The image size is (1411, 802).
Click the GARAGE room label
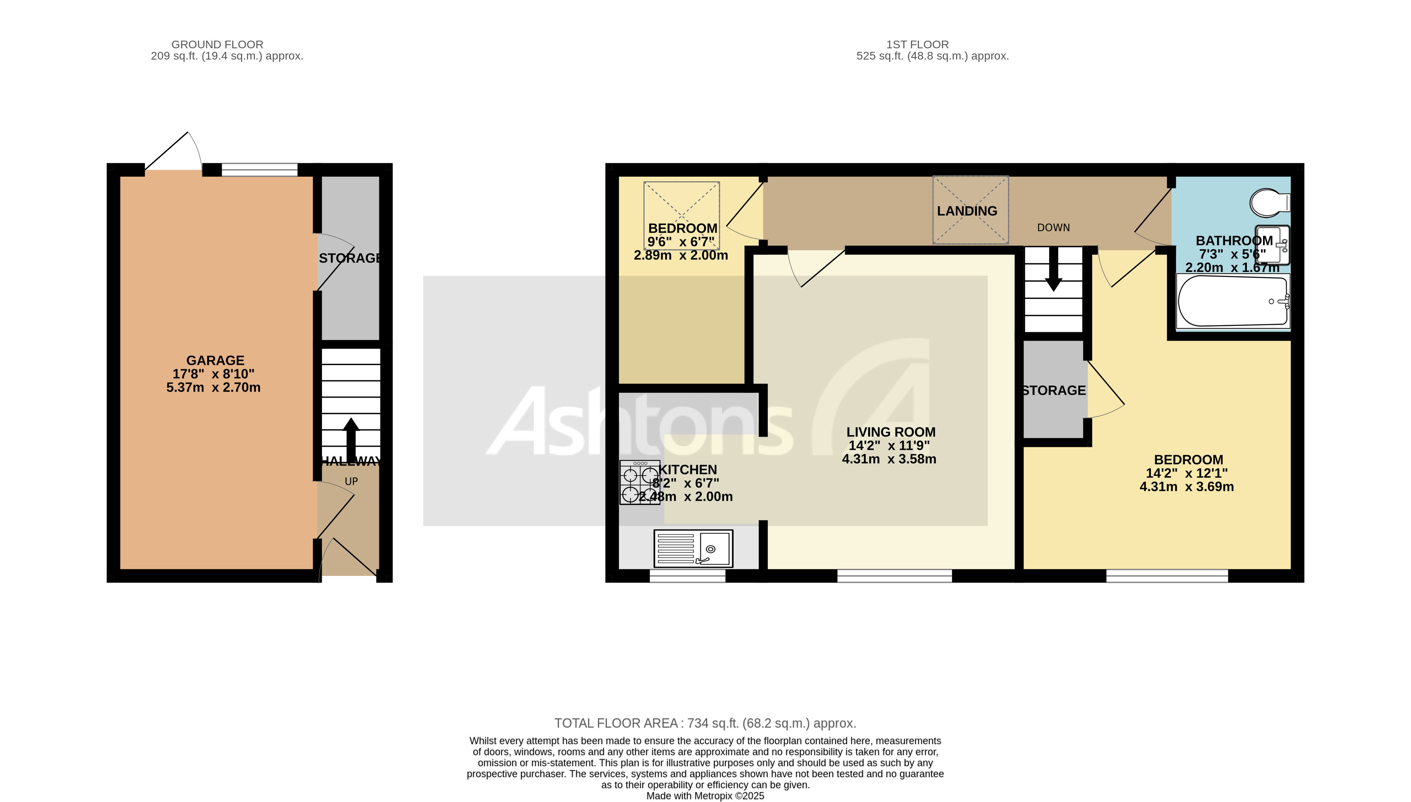[215, 360]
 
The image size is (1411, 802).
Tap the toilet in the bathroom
[1268, 203]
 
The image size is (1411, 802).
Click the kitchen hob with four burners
[639, 482]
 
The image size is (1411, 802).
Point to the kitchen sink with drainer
[693, 548]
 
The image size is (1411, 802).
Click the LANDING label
[966, 211]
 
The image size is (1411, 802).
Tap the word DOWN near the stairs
[1053, 227]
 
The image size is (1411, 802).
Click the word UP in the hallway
[351, 481]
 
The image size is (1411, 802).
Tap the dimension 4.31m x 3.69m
[1186, 487]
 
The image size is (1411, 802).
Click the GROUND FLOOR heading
[217, 45]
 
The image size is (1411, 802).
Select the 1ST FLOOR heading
[917, 45]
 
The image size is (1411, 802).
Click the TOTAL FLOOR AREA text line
[705, 723]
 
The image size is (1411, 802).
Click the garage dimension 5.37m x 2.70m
[213, 387]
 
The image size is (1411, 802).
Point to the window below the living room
[894, 575]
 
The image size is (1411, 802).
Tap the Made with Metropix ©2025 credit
[705, 796]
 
